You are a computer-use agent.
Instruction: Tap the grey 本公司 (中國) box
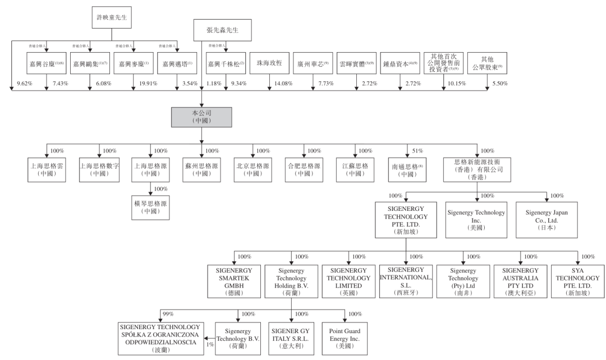pos(200,116)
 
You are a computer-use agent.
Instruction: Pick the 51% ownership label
pos(417,151)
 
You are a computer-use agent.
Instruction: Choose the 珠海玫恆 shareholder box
pos(269,64)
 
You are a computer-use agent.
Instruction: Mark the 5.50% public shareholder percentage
pos(499,84)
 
